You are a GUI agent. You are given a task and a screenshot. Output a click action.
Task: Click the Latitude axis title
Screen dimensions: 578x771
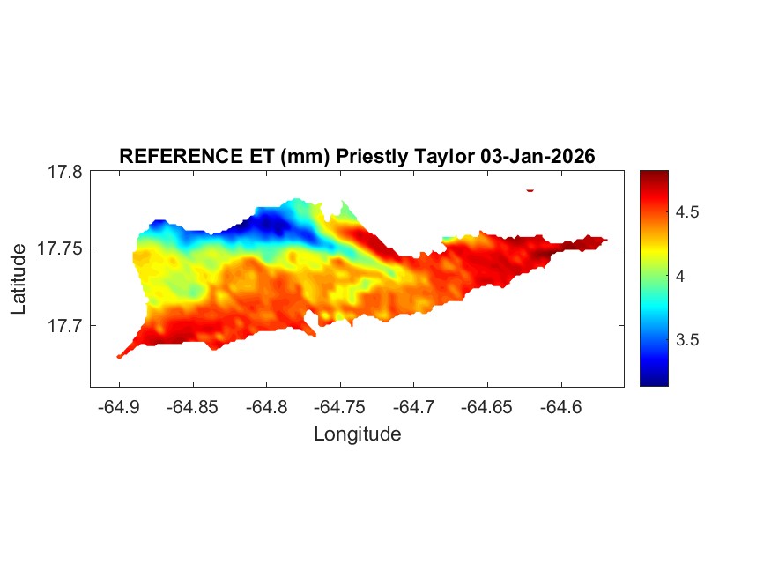point(19,279)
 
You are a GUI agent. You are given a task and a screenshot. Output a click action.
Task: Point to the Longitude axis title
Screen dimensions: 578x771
point(357,434)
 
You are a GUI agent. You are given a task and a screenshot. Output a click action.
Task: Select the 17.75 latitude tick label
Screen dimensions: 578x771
point(60,249)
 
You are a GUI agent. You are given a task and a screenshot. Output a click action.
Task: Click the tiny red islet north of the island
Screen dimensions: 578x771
point(530,189)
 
